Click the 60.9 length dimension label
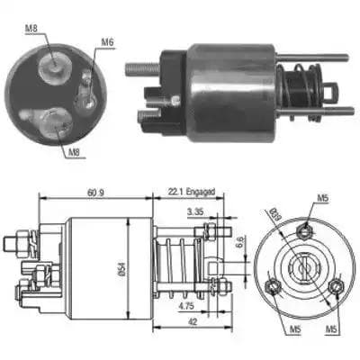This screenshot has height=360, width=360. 95,193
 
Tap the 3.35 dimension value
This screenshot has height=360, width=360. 195,211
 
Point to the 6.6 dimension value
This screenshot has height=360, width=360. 239,241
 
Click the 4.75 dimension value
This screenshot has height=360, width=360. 186,306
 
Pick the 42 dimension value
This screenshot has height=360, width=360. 193,322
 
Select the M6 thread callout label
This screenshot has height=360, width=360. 107,42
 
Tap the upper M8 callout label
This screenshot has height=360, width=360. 31,29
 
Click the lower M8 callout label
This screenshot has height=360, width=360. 74,152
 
